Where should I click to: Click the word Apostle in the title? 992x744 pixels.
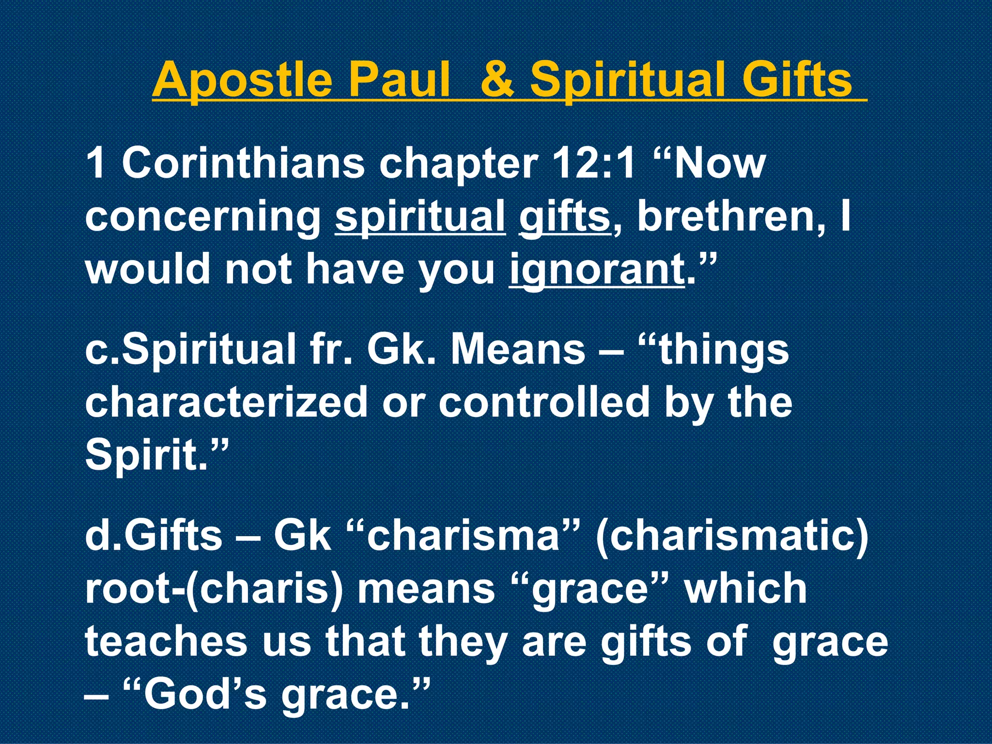(x=242, y=80)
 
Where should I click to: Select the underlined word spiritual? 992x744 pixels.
(x=420, y=217)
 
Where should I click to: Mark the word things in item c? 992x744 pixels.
(x=725, y=350)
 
